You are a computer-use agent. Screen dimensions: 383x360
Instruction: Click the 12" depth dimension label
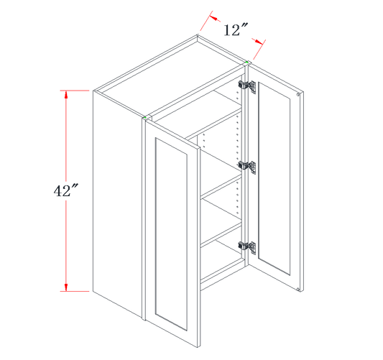(236, 29)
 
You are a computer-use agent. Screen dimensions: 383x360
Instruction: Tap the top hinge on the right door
(247, 86)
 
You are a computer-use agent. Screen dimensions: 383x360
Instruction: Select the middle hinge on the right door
(247, 167)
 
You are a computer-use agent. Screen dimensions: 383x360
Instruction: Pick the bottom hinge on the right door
(247, 247)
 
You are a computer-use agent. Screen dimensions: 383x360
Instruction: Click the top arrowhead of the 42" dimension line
(65, 95)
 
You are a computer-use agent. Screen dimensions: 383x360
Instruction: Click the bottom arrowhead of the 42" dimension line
(65, 287)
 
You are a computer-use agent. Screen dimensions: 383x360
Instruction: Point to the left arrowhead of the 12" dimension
(213, 18)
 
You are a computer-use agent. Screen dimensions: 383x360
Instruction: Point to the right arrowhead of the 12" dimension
(259, 42)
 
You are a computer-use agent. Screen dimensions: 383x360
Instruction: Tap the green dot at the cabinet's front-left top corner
(145, 118)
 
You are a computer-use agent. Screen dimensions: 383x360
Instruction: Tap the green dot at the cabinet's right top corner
(247, 63)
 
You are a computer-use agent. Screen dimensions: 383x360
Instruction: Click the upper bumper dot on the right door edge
(298, 95)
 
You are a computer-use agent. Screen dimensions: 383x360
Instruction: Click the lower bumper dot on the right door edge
(298, 290)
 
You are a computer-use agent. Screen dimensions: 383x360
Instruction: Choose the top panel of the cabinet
(171, 76)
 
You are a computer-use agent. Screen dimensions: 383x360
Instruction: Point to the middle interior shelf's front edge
(221, 186)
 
